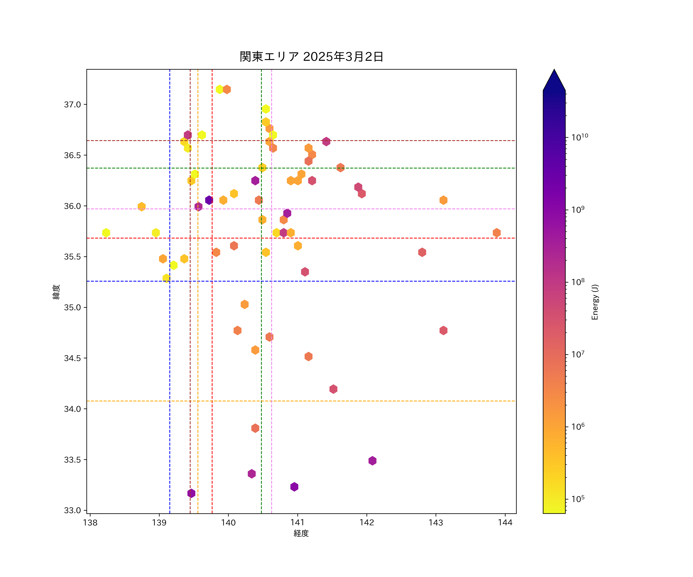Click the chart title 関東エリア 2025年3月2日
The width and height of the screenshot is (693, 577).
point(311,57)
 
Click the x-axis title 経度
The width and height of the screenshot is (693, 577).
point(301,533)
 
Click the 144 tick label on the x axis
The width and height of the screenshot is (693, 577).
point(505,523)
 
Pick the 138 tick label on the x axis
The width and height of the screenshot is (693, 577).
point(90,523)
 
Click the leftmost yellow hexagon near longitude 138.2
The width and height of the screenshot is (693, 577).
point(106,233)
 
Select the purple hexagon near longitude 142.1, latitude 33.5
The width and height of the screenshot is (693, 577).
point(372,461)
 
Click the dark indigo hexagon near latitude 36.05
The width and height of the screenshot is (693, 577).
point(209,200)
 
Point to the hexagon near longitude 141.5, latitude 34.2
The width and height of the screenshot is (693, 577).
point(333,389)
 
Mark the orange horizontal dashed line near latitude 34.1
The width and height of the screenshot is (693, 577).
point(396,401)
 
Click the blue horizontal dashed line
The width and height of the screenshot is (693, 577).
point(396,281)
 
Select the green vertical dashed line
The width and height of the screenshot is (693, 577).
point(261,363)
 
